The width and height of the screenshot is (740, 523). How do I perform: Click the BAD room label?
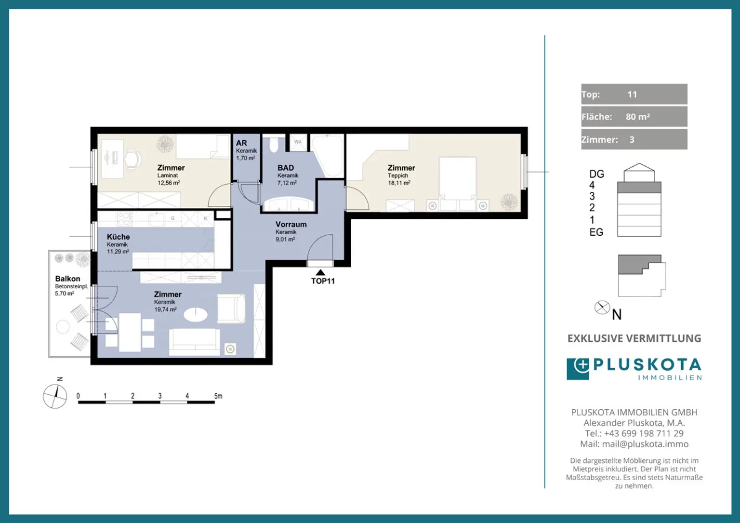coord(285,168)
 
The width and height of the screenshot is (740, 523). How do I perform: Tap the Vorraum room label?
coord(291,224)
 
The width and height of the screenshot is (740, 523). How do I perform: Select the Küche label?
coord(118,237)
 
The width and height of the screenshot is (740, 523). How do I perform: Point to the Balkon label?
coord(67,278)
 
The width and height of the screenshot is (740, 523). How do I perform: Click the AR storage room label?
coord(241,143)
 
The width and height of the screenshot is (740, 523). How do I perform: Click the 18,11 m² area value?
coord(399,183)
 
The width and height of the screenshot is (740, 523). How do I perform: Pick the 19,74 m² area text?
coord(165,309)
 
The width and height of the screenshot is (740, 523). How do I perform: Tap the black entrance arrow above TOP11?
coord(320,272)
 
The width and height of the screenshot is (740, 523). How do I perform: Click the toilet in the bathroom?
coord(274,145)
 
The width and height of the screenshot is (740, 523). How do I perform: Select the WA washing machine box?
coord(298,142)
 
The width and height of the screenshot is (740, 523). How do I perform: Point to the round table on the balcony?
coord(63,327)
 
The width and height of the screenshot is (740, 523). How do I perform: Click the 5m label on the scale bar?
coord(218,396)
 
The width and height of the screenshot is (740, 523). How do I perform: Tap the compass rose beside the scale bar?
coord(55,396)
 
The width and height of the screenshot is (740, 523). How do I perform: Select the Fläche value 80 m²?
coord(637,117)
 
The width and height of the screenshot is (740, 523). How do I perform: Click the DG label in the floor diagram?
coord(596,174)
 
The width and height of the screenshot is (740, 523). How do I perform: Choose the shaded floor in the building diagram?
coord(639,188)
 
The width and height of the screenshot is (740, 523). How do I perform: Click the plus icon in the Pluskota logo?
coord(581,365)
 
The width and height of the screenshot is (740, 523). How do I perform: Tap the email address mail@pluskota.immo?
coord(645,444)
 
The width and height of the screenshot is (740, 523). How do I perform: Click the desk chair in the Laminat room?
coord(133,160)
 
